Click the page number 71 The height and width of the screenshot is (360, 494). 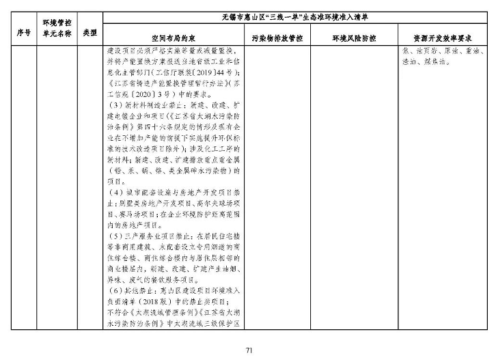tap(249, 350)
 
